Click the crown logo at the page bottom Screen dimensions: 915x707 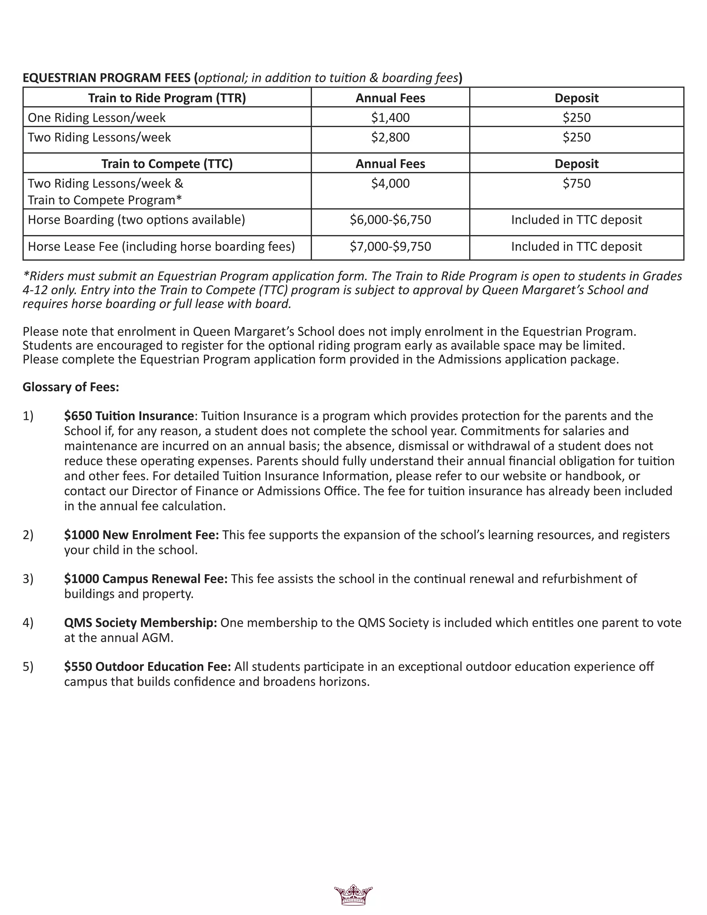pyautogui.click(x=353, y=896)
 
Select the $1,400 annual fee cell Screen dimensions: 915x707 pyautogui.click(x=390, y=117)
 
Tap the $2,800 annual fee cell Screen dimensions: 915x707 pyautogui.click(x=390, y=137)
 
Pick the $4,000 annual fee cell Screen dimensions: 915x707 pyautogui.click(x=390, y=183)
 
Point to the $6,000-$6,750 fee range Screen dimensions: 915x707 pyautogui.click(x=390, y=220)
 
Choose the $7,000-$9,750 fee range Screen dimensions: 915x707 pyautogui.click(x=390, y=246)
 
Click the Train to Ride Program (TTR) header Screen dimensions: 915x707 pyautogui.click(x=167, y=98)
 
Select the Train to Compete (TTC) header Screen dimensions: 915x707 pyautogui.click(x=167, y=164)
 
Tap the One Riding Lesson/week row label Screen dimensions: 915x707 pyautogui.click(x=96, y=118)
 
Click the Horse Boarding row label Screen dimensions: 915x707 pyautogui.click(x=136, y=220)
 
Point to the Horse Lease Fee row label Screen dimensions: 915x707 pyautogui.click(x=161, y=246)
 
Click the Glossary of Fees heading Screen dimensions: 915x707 pyautogui.click(x=71, y=387)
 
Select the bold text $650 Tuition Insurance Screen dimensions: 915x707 pyautogui.click(x=129, y=416)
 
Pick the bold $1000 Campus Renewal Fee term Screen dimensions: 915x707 pyautogui.click(x=145, y=579)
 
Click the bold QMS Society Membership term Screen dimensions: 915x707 pyautogui.click(x=140, y=623)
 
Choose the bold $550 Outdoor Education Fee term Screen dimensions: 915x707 pyautogui.click(x=147, y=666)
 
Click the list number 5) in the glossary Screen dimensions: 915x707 pyautogui.click(x=28, y=666)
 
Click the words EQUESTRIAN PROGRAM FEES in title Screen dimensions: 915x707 pyautogui.click(x=107, y=78)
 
